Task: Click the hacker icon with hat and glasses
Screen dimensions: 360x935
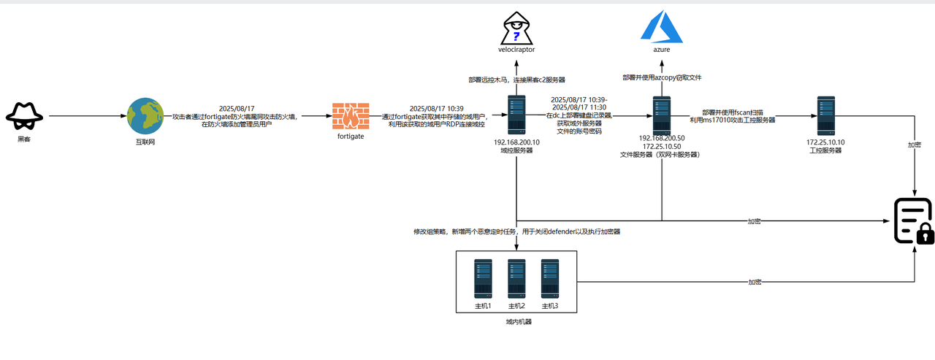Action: pyautogui.click(x=24, y=115)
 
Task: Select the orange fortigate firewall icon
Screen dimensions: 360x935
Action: pyautogui.click(x=351, y=115)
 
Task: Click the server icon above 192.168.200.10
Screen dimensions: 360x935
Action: pyautogui.click(x=516, y=115)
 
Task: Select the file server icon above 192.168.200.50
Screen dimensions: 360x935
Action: pyautogui.click(x=662, y=115)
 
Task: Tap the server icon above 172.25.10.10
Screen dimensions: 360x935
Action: pyautogui.click(x=826, y=115)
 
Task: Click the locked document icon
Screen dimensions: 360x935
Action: pyautogui.click(x=914, y=221)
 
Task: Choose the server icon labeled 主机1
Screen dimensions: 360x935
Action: pyautogui.click(x=483, y=278)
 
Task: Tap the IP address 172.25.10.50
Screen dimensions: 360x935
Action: pyautogui.click(x=661, y=146)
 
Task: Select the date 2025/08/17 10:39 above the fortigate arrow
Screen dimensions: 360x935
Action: pyautogui.click(x=437, y=108)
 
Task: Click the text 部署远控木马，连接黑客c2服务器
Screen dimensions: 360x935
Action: pyautogui.click(x=516, y=80)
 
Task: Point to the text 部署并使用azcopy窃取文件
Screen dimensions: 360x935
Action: pyautogui.click(x=662, y=77)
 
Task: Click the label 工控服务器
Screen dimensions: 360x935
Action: pyautogui.click(x=825, y=150)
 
